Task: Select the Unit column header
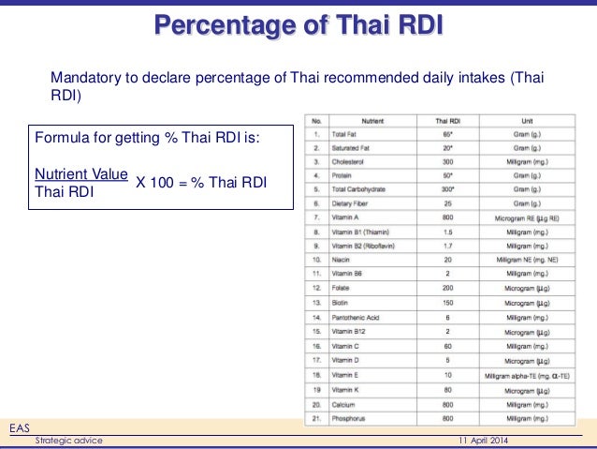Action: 529,121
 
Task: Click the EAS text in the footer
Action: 19,427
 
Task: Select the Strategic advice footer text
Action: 68,441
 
